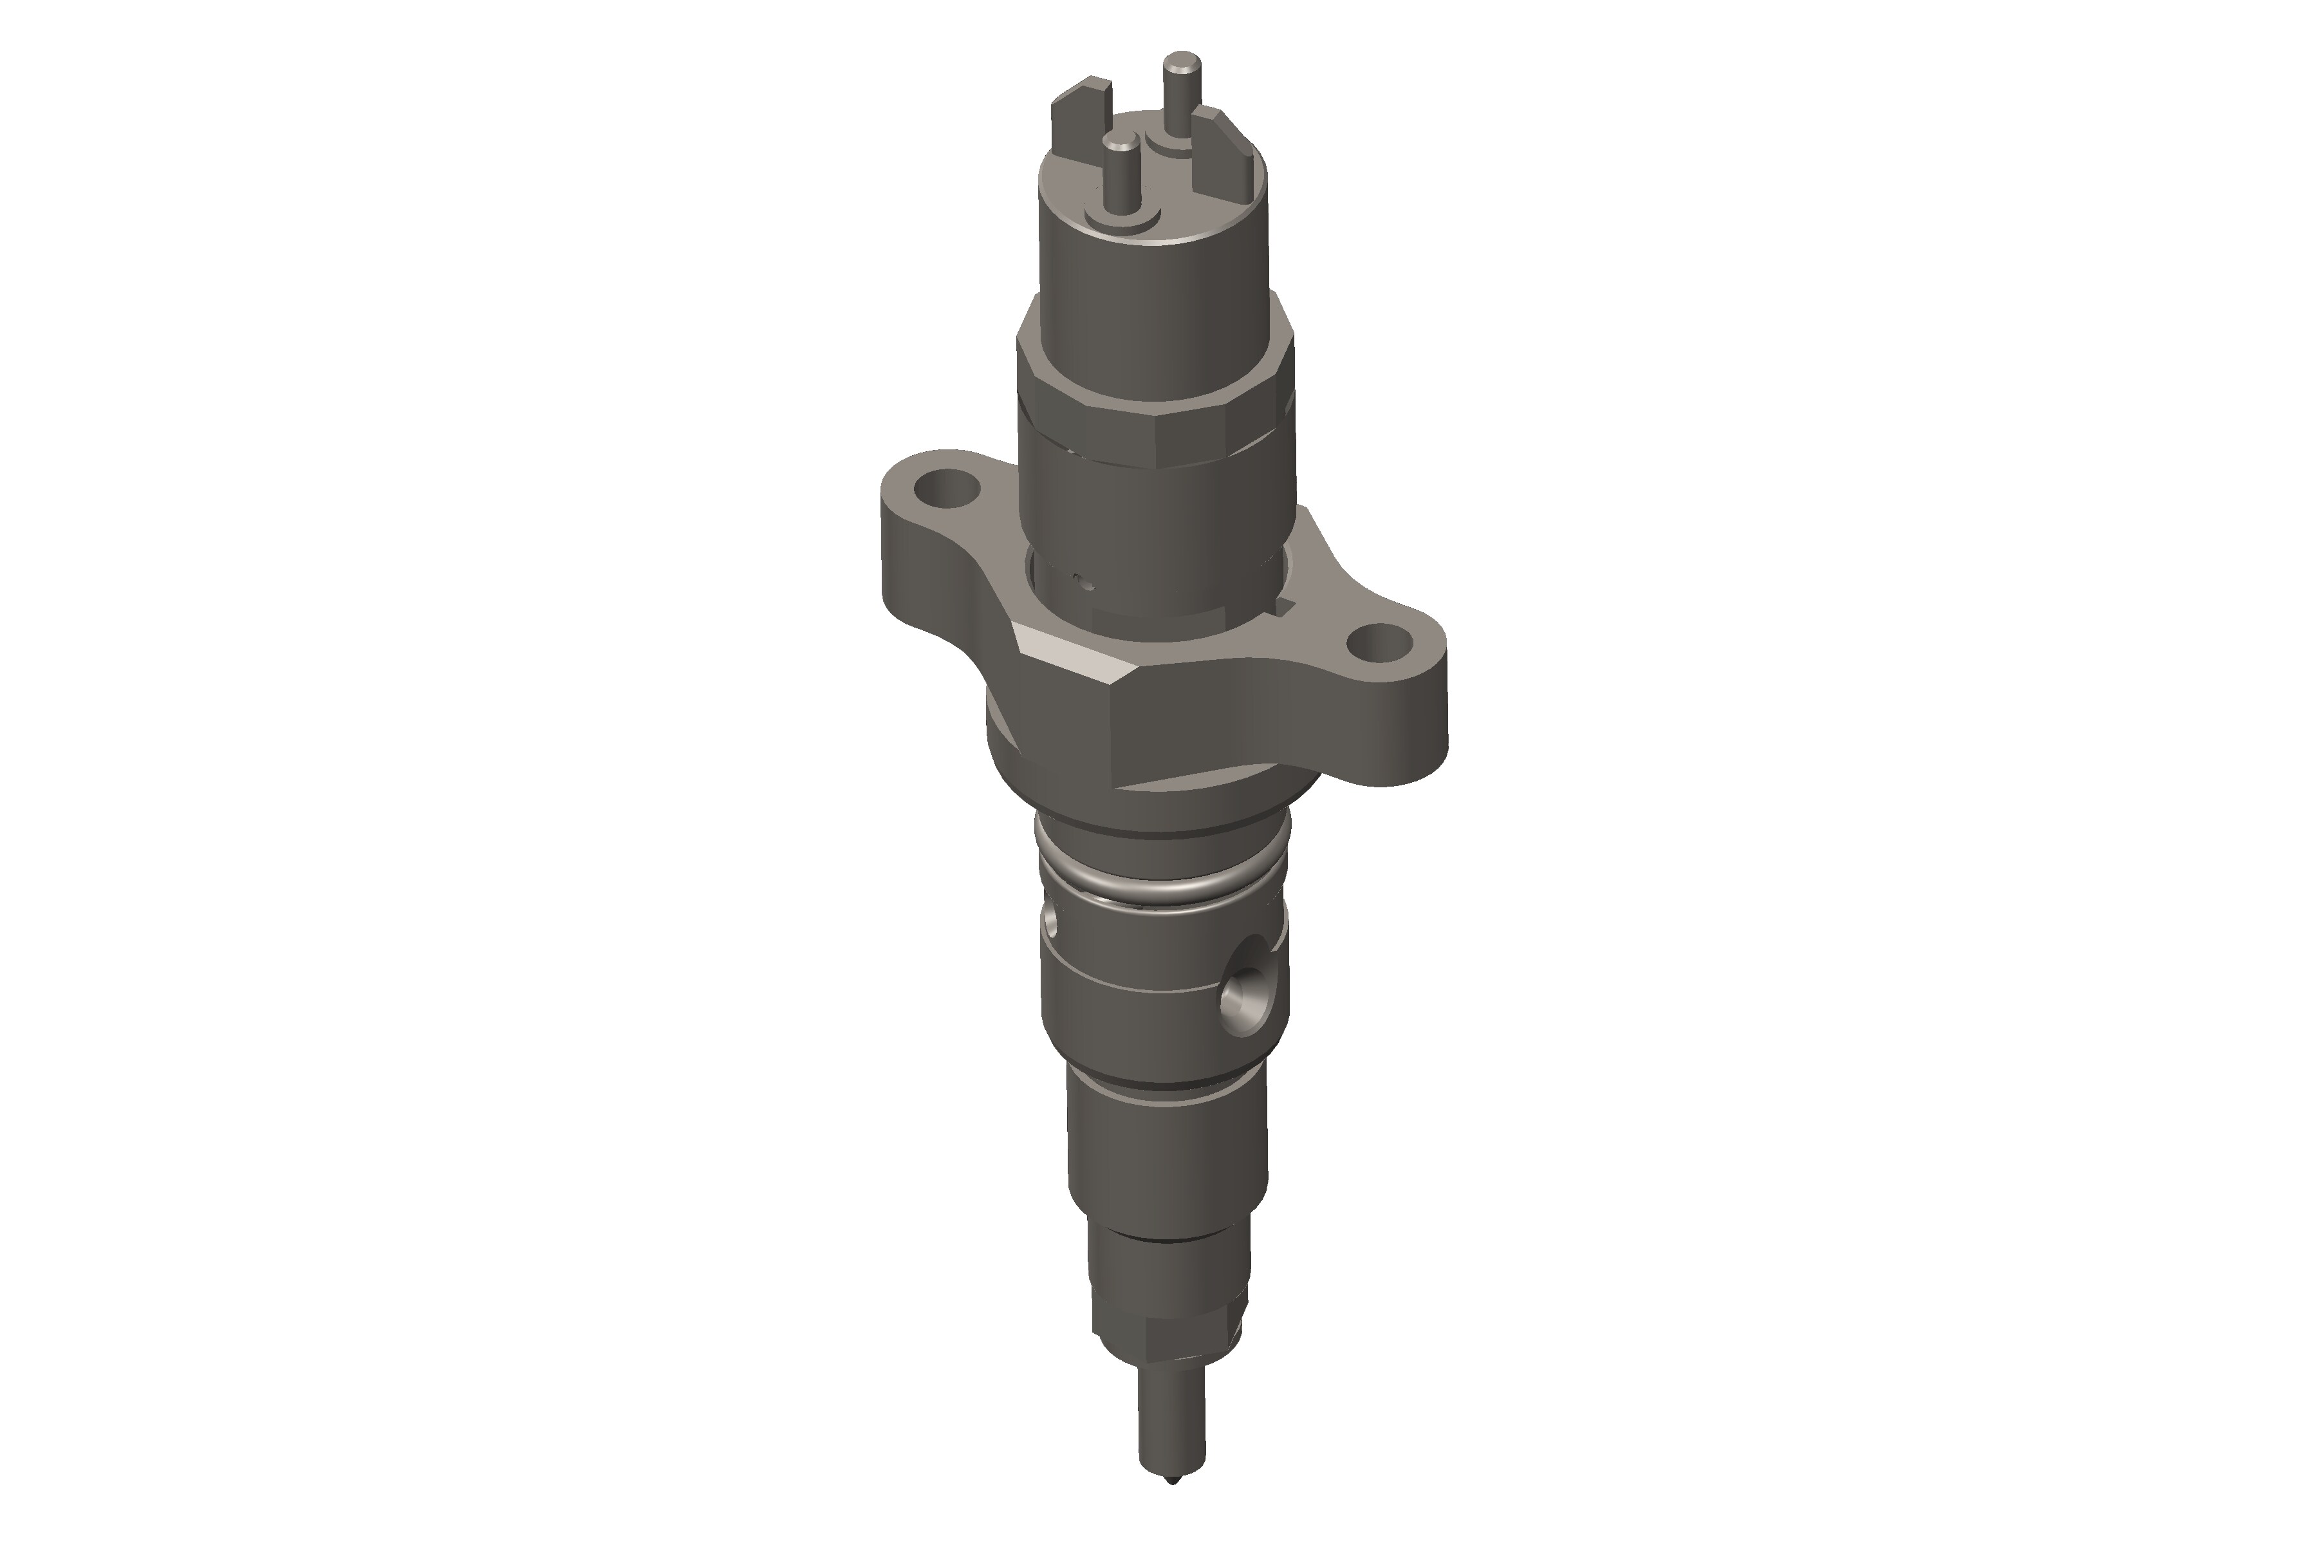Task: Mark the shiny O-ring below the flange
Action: click(x=1162, y=880)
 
